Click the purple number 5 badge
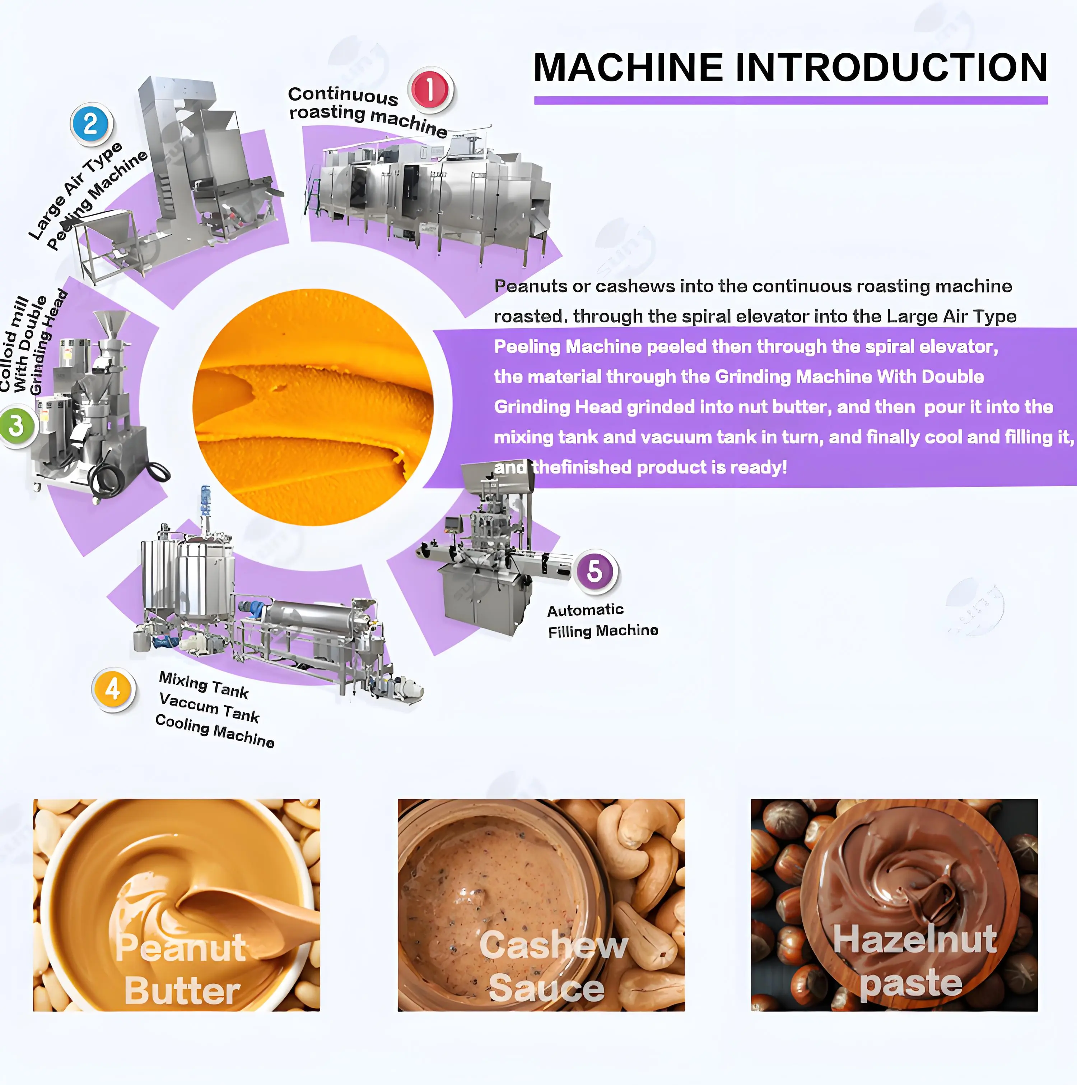[595, 571]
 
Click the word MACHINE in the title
[628, 68]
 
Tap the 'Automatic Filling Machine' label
[602, 620]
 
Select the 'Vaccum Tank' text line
[209, 708]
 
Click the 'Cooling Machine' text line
[214, 731]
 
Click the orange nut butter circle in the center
[313, 407]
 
